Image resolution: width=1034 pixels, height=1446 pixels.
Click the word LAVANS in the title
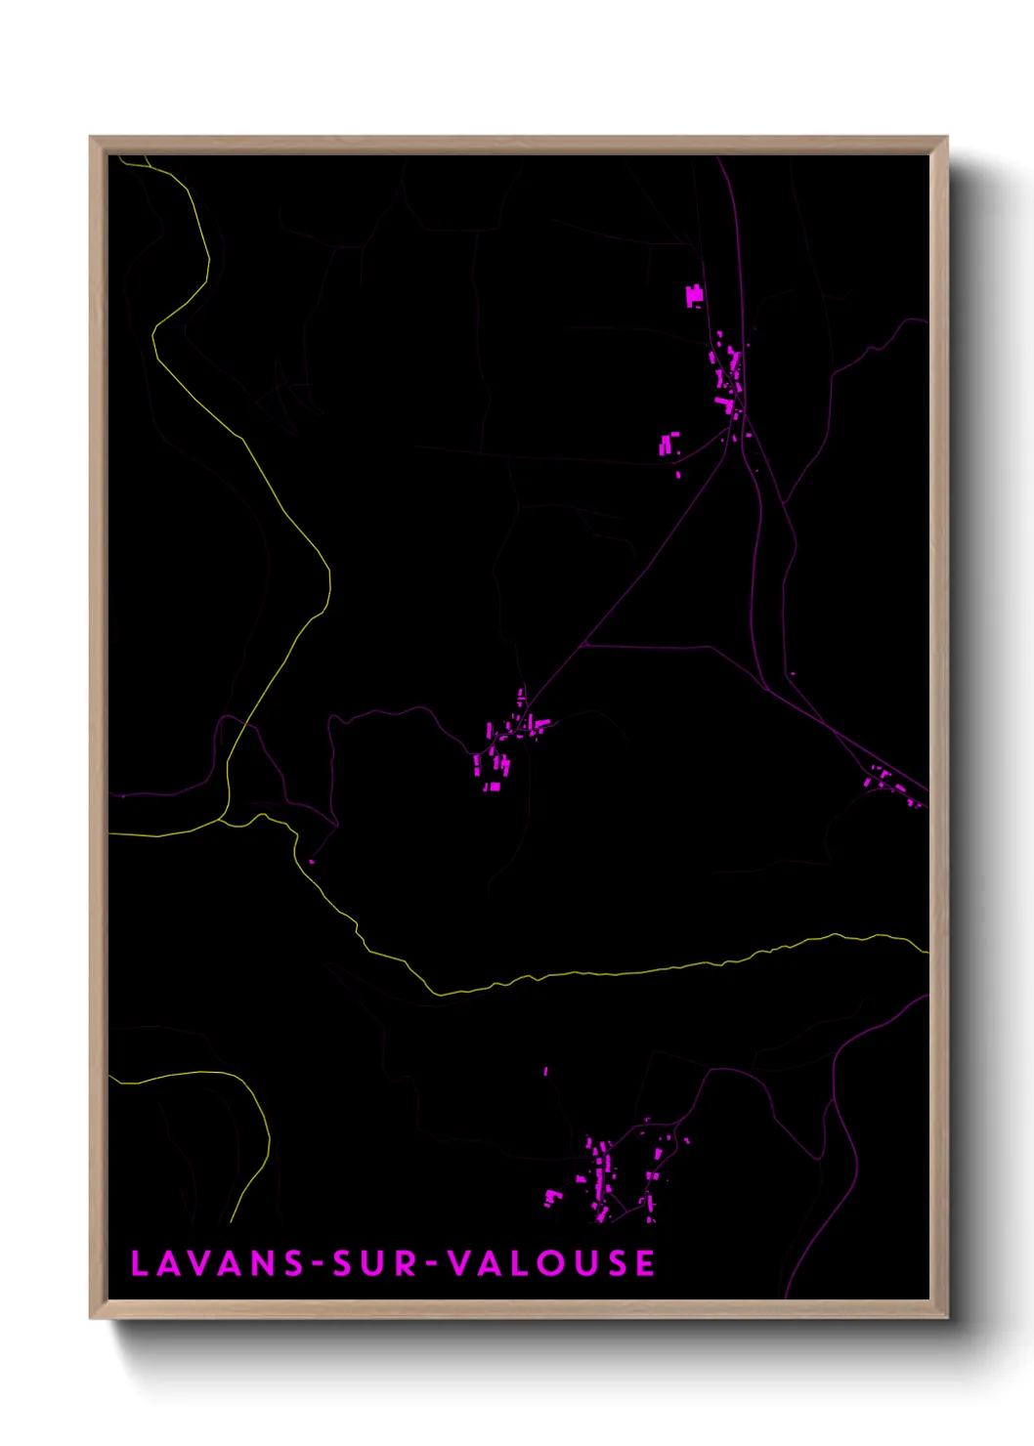(218, 1263)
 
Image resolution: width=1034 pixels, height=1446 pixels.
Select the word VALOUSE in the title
(551, 1263)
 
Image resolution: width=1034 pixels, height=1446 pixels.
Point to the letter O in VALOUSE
(552, 1263)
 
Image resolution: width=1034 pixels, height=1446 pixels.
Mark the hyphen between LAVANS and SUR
(318, 1264)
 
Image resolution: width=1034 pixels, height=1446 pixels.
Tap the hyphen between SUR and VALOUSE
(433, 1264)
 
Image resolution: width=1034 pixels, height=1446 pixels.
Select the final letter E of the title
(645, 1263)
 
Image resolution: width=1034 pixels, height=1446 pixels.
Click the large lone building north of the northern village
(695, 295)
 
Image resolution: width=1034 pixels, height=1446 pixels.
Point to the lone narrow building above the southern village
(545, 1072)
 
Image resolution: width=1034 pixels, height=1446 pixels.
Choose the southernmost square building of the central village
(495, 787)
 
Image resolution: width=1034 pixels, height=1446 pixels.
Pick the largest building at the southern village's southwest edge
(552, 1197)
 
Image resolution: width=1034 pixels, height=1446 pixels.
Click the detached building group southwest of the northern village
(668, 444)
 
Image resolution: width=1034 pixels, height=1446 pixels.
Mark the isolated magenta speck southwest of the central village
(312, 861)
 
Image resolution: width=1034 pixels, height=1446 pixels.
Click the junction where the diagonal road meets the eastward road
(582, 645)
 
